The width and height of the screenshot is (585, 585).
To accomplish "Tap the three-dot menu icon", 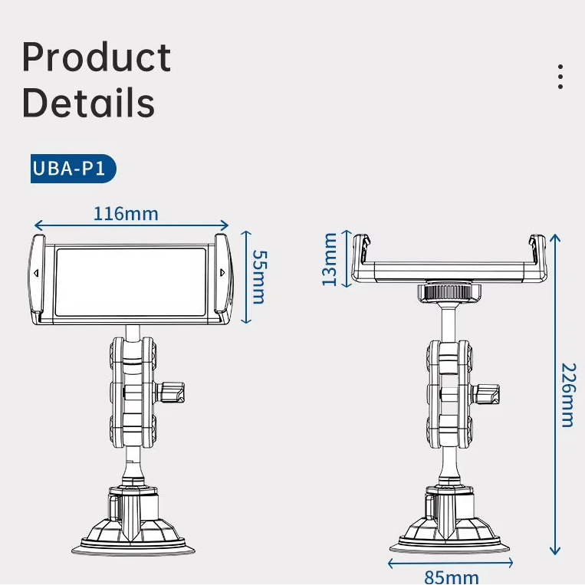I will tap(561, 77).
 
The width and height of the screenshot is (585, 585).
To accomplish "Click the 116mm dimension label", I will tap(126, 213).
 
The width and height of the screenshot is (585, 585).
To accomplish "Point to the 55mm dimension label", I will tap(259, 276).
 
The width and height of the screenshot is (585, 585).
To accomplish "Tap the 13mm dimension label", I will tap(330, 259).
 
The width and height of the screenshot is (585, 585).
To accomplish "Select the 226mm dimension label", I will tap(567, 394).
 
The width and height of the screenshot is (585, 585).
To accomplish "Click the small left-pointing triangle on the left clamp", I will tap(36, 272).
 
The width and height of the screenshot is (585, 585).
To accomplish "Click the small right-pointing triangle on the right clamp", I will tap(222, 272).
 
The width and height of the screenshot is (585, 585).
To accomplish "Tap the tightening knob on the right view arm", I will tap(488, 394).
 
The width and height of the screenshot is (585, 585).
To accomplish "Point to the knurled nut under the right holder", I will tap(449, 292).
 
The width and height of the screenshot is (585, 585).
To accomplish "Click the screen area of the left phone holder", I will tap(131, 281).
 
